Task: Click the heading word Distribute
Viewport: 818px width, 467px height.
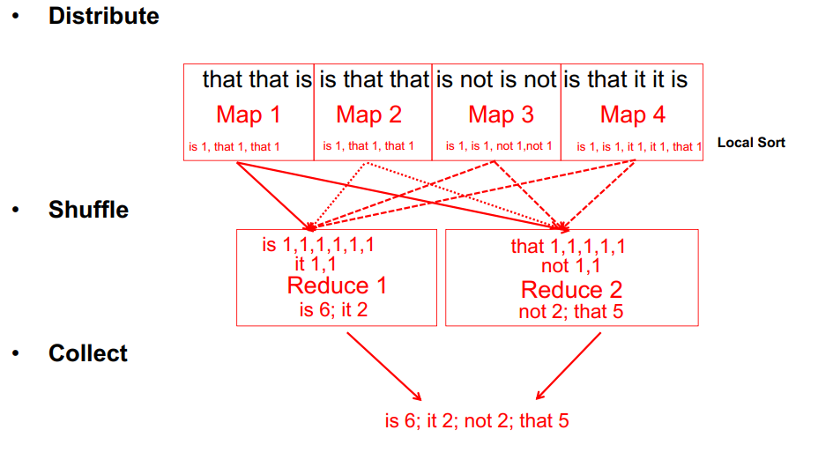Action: pyautogui.click(x=104, y=16)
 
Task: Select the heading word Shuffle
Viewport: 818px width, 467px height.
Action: pyautogui.click(x=89, y=210)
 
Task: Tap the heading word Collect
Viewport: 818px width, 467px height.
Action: pyautogui.click(x=88, y=352)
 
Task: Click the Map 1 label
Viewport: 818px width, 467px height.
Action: pyautogui.click(x=249, y=115)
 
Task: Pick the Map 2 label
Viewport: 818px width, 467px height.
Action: pyautogui.click(x=368, y=115)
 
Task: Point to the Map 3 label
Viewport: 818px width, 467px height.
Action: pyautogui.click(x=501, y=115)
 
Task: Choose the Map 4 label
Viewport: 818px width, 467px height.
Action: pyautogui.click(x=633, y=115)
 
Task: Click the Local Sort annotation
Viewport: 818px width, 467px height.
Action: pyautogui.click(x=751, y=142)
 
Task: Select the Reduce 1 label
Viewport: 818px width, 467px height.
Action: pyautogui.click(x=337, y=285)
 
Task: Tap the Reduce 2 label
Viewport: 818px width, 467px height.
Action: pyautogui.click(x=572, y=290)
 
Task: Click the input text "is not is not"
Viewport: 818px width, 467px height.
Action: pyautogui.click(x=496, y=80)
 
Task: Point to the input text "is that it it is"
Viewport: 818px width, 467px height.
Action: pyautogui.click(x=626, y=80)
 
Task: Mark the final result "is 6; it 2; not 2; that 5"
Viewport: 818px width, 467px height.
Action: pyautogui.click(x=477, y=420)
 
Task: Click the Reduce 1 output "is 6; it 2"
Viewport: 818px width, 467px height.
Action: pyautogui.click(x=333, y=310)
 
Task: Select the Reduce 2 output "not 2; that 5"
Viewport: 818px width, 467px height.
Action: pyautogui.click(x=570, y=312)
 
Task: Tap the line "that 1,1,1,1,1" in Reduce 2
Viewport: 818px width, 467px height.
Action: pyautogui.click(x=569, y=246)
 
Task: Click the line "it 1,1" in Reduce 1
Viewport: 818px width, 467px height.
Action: pyautogui.click(x=316, y=264)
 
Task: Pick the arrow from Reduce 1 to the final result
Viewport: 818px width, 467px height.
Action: pyautogui.click(x=384, y=367)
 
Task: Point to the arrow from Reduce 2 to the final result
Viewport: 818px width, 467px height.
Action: pyautogui.click(x=569, y=367)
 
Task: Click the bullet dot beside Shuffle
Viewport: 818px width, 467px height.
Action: pyautogui.click(x=16, y=210)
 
